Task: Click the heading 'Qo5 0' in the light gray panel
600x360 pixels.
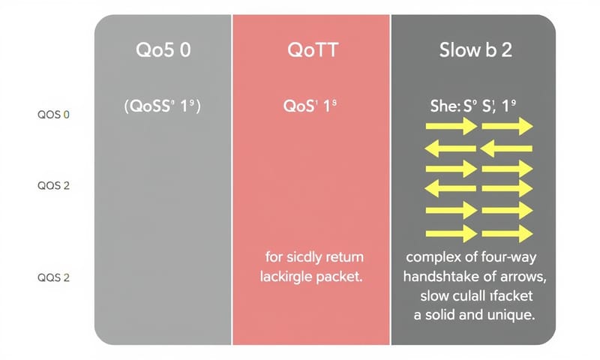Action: pos(163,54)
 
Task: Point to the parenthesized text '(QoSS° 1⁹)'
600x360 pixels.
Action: pos(163,106)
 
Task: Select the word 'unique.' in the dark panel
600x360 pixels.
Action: pos(510,315)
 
